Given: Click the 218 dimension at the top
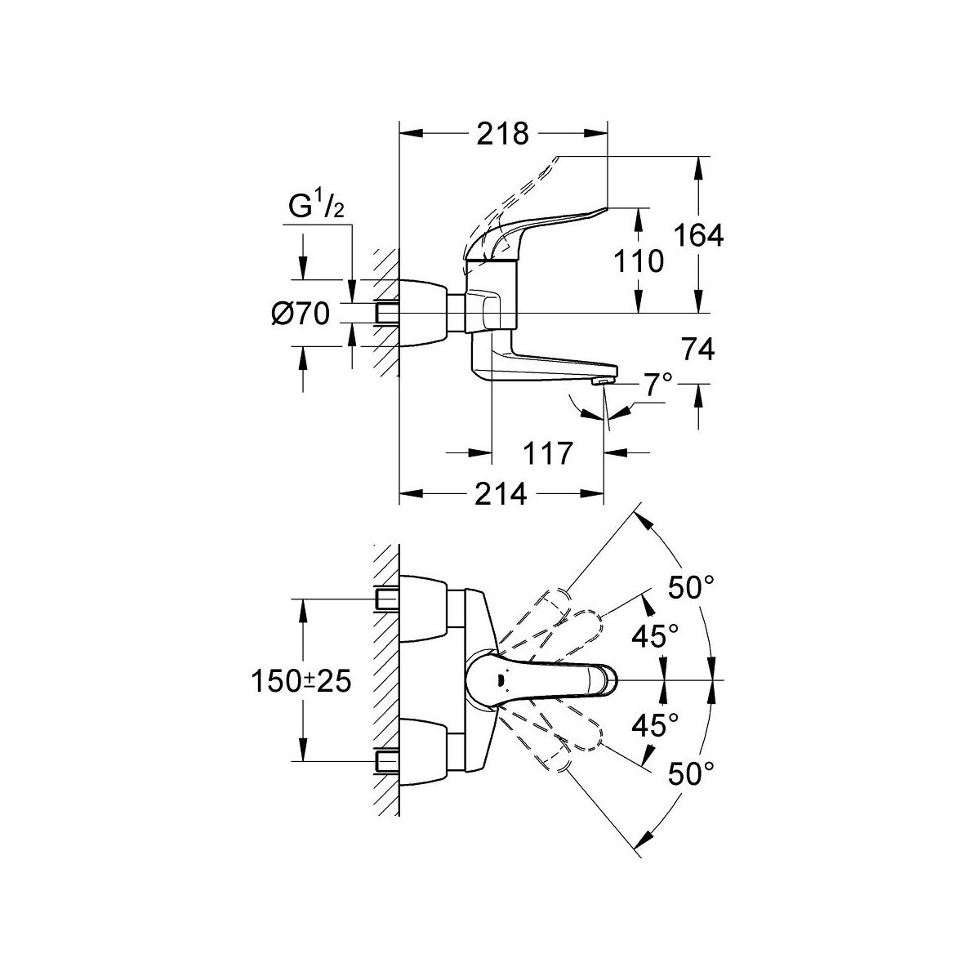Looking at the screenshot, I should pos(503,133).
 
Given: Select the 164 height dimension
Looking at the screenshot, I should pos(699,235).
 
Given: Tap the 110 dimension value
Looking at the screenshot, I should pos(639,261).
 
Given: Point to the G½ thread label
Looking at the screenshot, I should pos(315,210).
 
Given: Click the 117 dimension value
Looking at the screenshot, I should pos(547,452).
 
